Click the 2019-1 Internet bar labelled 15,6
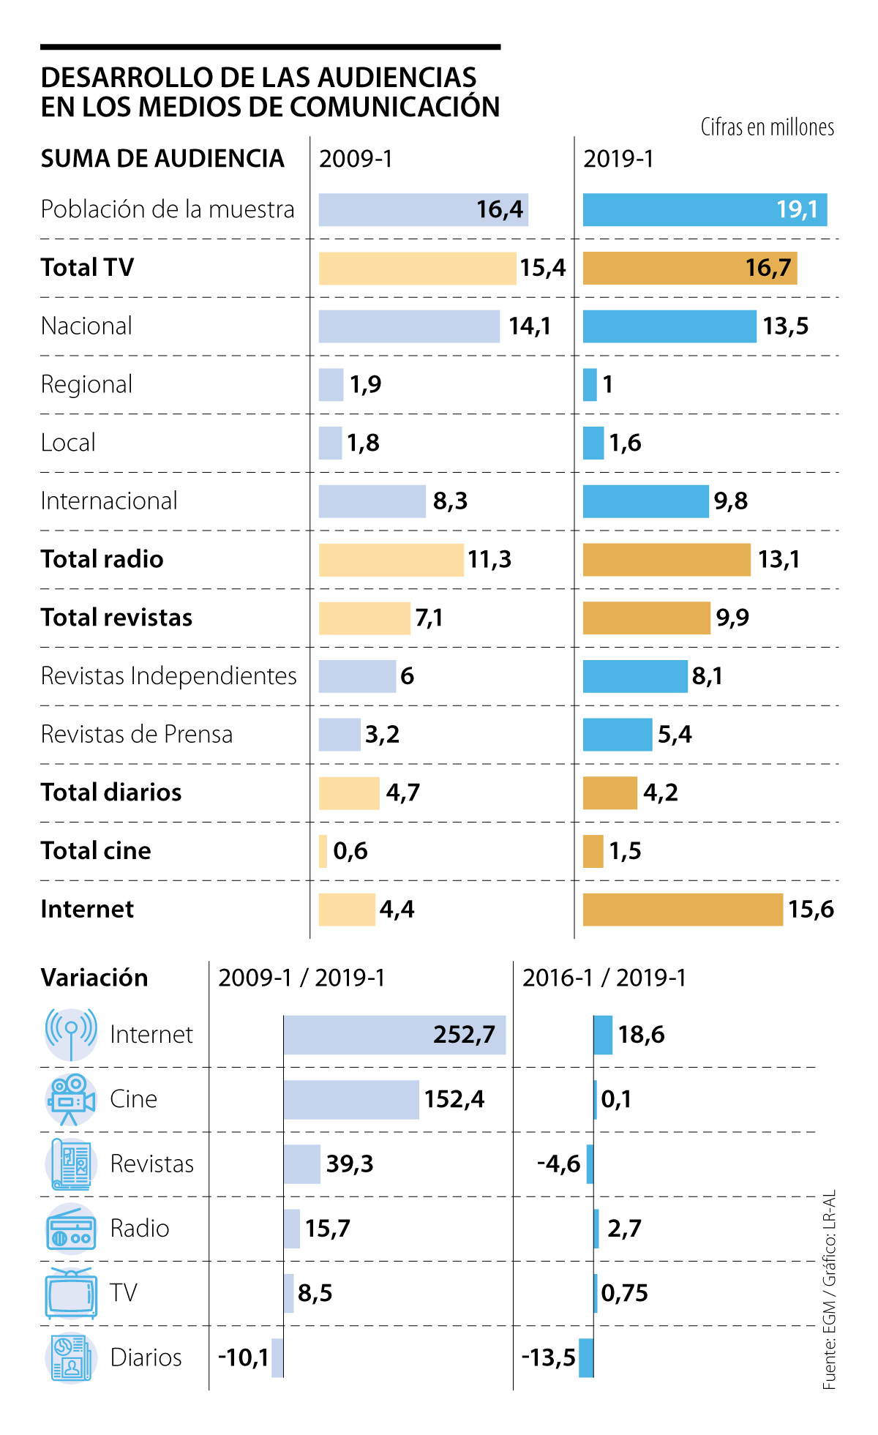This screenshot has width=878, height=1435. tap(683, 909)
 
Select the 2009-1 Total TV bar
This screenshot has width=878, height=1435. tap(417, 268)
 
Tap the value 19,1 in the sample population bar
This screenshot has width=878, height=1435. tap(797, 210)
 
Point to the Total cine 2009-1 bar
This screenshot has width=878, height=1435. tap(323, 851)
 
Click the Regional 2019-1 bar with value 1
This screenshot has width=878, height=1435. tap(590, 384)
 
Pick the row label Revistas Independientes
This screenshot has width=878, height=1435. tap(169, 675)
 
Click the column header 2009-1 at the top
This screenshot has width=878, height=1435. tap(356, 159)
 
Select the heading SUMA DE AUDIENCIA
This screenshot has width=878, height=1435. tap(162, 159)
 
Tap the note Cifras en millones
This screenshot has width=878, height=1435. tap(768, 127)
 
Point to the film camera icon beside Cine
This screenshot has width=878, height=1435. tap(71, 1100)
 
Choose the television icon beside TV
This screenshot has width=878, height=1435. tap(71, 1294)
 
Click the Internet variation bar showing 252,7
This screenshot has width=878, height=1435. tap(394, 1035)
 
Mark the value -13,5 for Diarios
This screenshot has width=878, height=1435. tap(549, 1358)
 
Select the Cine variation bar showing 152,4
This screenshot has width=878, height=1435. tap(351, 1100)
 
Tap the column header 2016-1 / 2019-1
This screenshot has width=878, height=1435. tap(604, 978)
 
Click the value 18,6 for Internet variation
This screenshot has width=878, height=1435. tap(641, 1035)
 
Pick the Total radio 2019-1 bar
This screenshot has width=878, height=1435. tap(667, 560)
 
